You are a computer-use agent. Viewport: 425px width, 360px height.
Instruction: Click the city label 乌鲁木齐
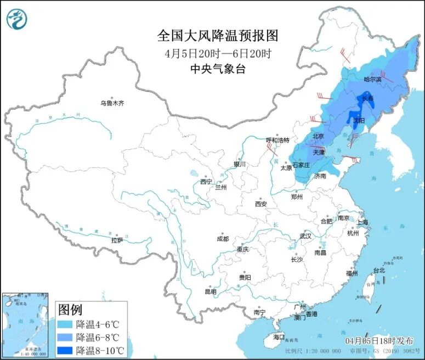[x=112, y=103]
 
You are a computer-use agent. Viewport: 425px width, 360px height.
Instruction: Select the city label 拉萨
[x=117, y=240]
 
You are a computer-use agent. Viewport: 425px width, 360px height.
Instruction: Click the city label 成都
[x=223, y=239]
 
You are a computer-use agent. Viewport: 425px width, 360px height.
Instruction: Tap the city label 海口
[x=279, y=336]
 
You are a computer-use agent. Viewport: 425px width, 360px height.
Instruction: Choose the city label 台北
[x=379, y=270]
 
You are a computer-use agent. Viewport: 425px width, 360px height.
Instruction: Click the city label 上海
[x=362, y=222]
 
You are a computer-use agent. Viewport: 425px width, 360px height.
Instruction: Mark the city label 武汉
[x=305, y=236]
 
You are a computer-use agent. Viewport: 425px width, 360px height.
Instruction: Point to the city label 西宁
[x=206, y=182]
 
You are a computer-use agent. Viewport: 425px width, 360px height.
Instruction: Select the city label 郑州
[x=297, y=196]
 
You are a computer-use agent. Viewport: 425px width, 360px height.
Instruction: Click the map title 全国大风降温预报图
[x=218, y=36]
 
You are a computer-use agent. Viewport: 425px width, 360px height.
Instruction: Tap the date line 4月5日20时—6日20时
[x=218, y=53]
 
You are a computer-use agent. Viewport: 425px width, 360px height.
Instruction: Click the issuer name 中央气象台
[x=218, y=69]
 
